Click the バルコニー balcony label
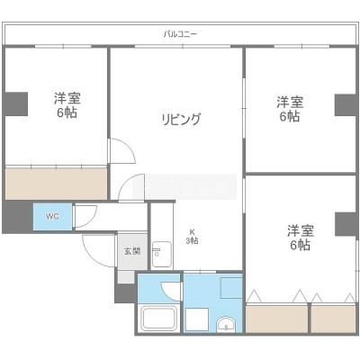pos(180,34)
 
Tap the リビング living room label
pos(181,120)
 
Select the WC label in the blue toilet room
pos(52,216)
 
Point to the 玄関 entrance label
pos(132,251)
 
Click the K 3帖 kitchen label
pos(192,237)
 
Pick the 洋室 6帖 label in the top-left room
pos(67,105)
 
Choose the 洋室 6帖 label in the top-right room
pos(290,109)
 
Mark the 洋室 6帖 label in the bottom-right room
pos(301,238)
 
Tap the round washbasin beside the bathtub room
pos(227,325)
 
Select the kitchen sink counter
pos(162,254)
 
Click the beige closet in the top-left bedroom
pos(56,184)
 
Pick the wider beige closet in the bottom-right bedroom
pos(277,319)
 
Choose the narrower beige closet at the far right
pos(333,319)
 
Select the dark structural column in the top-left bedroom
pos(15,103)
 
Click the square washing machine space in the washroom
pos(197,319)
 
